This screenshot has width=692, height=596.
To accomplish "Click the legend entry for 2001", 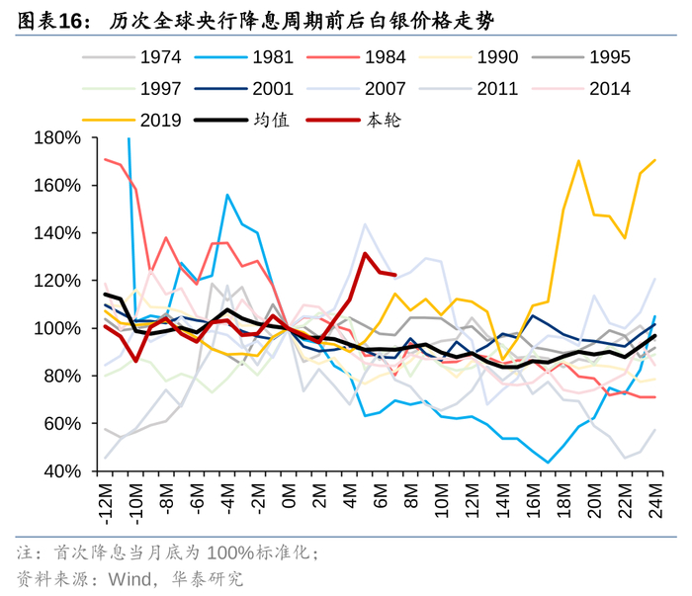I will click(273, 89).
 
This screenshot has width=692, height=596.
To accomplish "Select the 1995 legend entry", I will click(609, 57).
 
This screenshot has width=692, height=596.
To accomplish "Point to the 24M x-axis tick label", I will click(654, 496).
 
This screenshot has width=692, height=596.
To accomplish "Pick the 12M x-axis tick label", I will click(472, 496).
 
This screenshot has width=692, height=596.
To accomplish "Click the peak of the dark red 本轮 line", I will click(366, 254).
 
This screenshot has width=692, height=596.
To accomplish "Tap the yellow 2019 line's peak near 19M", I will click(578, 161).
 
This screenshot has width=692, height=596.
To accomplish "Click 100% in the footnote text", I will click(230, 553).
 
